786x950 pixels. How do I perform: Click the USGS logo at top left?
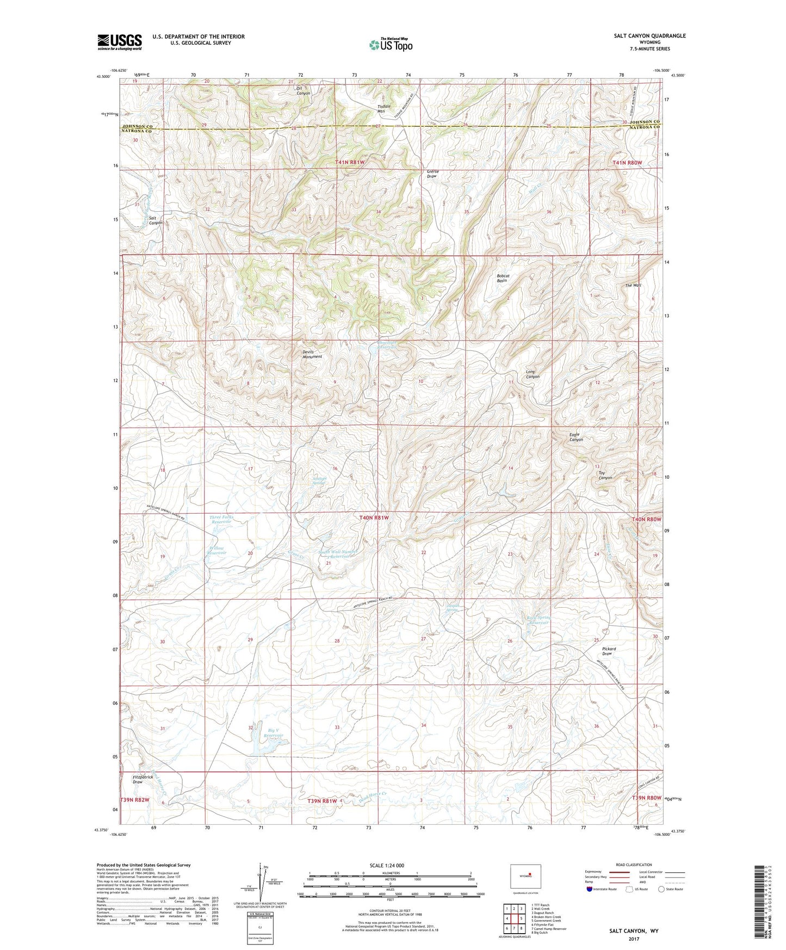(119, 42)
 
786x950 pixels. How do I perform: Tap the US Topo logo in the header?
(390, 45)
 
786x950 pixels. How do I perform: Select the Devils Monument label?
(312, 354)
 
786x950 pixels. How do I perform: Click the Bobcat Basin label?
(502, 278)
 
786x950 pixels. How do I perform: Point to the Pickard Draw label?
(609, 651)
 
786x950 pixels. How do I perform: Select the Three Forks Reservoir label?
(220, 520)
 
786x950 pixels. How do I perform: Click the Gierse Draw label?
(432, 174)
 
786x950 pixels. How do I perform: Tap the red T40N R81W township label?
(374, 518)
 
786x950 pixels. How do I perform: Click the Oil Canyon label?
(302, 90)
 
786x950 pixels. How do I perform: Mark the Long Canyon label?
(533, 374)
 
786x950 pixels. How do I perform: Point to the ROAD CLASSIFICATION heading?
(634, 865)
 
